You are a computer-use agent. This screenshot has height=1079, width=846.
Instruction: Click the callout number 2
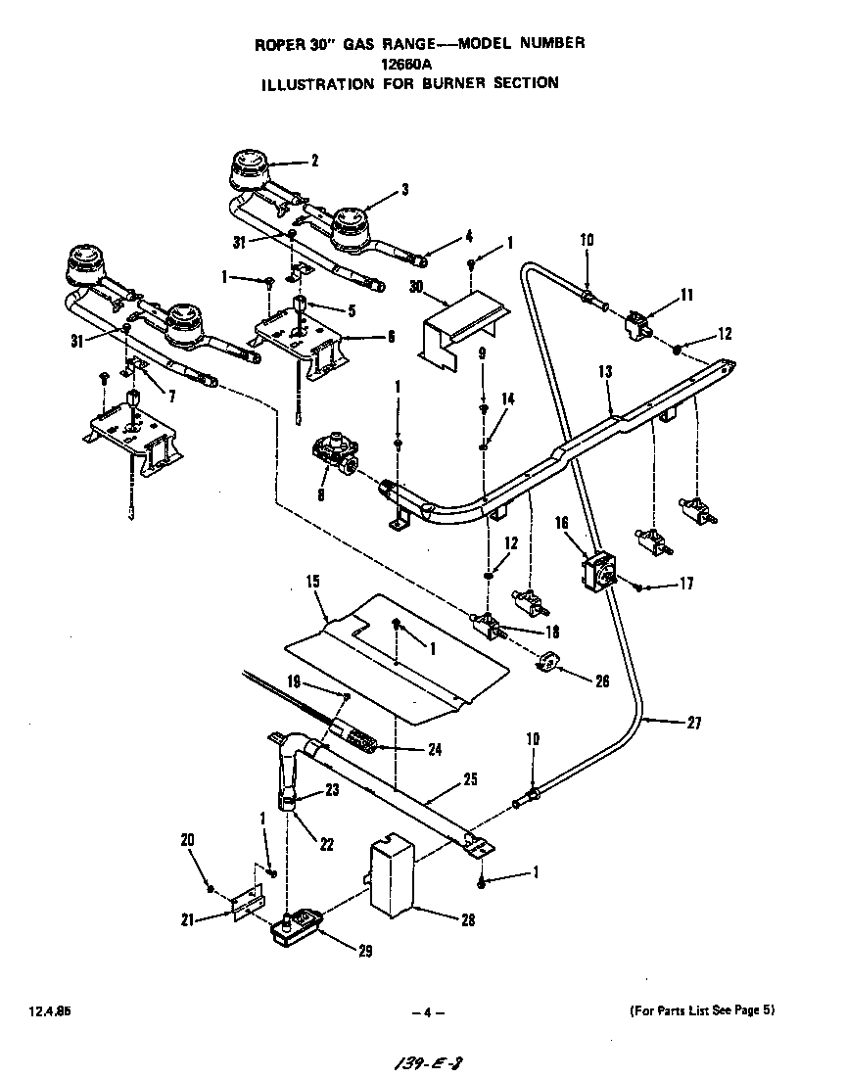[314, 162]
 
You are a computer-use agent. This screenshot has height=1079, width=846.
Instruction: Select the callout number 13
[605, 372]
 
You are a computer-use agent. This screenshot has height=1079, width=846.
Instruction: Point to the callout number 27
[693, 725]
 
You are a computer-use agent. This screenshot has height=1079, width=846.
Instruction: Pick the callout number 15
[313, 582]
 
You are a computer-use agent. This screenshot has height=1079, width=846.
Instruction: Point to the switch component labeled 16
[598, 569]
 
